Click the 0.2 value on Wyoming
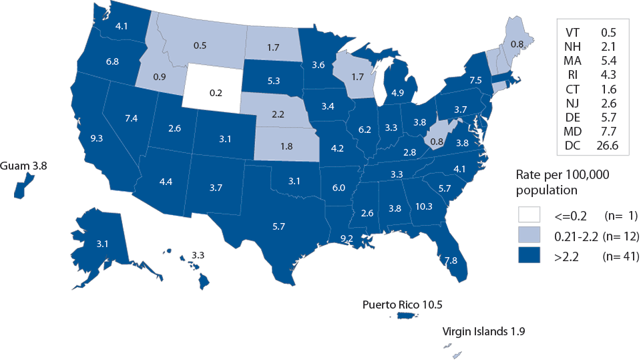click(215, 93)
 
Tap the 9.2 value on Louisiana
click(346, 238)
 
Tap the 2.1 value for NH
click(606, 46)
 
